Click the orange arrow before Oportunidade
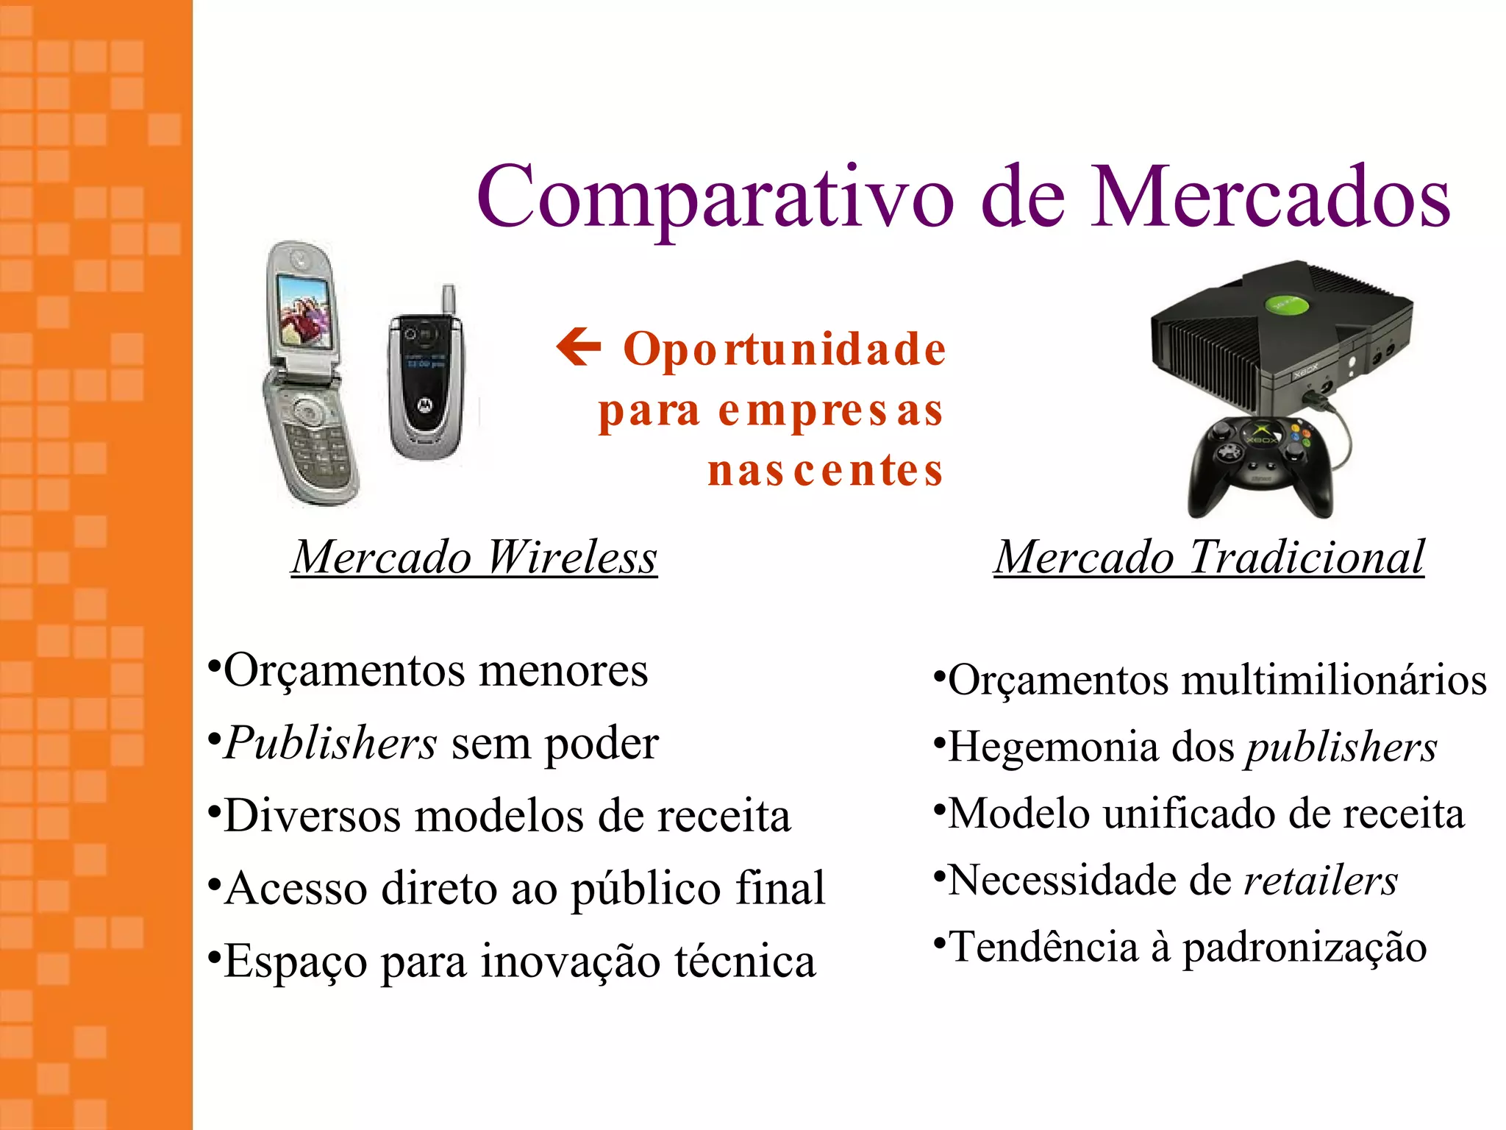tap(579, 347)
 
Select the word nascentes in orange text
tap(825, 471)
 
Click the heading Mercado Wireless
tap(474, 558)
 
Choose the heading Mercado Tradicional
tap(1209, 558)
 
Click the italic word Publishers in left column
tap(331, 743)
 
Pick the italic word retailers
tap(1321, 881)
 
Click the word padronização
tap(1305, 948)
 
